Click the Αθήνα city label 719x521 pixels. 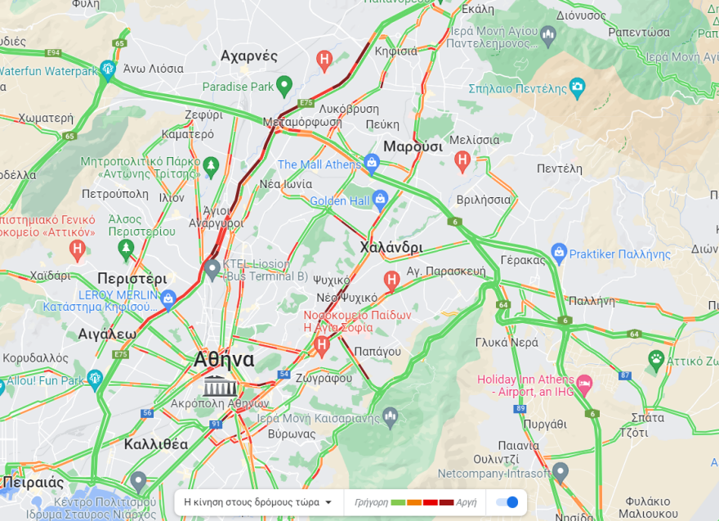point(224,360)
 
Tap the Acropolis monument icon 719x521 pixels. point(220,386)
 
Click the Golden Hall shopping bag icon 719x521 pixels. point(380,199)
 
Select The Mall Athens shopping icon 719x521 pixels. point(372,163)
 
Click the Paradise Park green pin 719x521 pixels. point(284,85)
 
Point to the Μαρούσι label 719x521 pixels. point(413,146)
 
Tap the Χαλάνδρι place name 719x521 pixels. point(391,247)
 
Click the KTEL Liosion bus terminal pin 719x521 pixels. point(212,267)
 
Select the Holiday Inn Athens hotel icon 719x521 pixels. point(584,383)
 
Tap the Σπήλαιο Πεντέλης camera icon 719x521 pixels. point(578,86)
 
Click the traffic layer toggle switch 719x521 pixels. point(507,501)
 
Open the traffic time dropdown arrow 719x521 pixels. point(328,502)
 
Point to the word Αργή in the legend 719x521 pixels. point(467,502)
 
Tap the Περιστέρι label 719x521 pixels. point(132,277)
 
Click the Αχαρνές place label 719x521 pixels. point(249,56)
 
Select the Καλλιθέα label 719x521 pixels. point(156,445)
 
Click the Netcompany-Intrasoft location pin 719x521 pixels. point(560,471)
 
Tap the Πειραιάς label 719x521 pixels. point(33,480)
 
